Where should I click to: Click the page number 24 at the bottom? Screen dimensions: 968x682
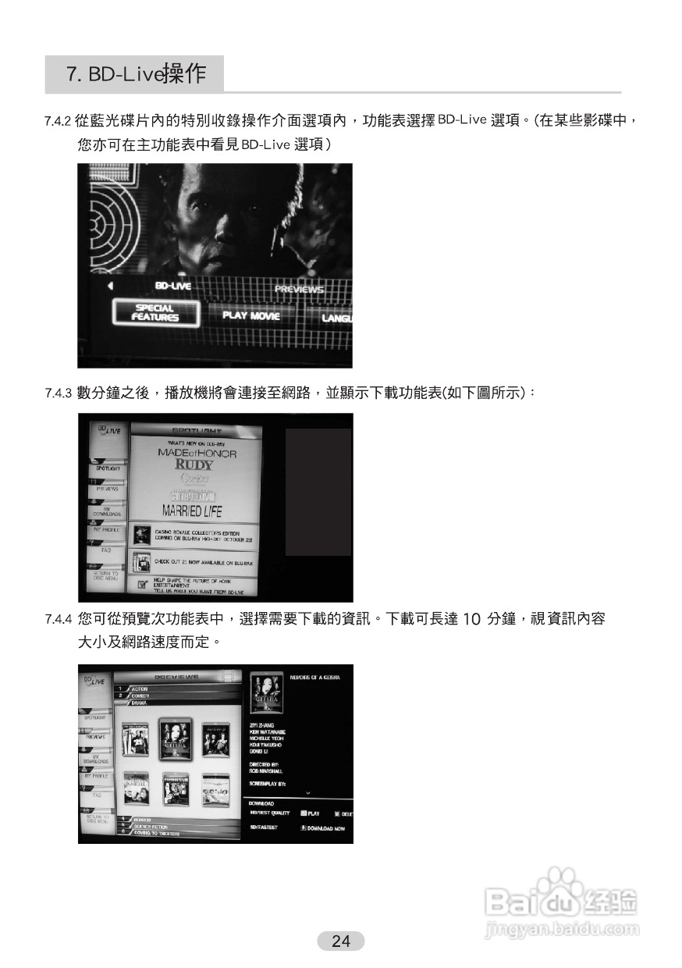coord(341,941)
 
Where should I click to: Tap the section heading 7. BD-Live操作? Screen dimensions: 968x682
coord(136,74)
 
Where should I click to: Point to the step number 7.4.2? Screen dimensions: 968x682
coord(58,122)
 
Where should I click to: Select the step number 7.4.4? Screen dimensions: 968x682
coord(58,620)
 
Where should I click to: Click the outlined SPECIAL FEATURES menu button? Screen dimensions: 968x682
coord(155,313)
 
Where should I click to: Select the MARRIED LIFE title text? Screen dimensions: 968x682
coord(191,512)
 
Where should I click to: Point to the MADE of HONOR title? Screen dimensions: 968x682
coord(197,453)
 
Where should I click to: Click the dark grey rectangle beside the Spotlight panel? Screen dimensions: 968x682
coord(318,492)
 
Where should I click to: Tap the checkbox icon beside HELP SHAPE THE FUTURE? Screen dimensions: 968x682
coord(141,584)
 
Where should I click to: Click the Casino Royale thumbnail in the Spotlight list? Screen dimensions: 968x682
coord(141,536)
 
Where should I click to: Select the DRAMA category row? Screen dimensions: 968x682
coord(140,703)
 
